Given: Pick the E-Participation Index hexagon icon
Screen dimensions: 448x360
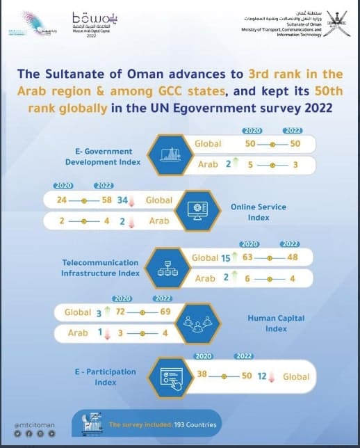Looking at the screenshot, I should click(x=170, y=376).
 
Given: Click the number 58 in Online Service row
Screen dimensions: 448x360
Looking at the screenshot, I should click(x=108, y=200).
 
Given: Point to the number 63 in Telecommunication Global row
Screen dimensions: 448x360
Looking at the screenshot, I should click(x=246, y=258).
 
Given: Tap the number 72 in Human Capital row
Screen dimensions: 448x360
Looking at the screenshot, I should click(x=120, y=312).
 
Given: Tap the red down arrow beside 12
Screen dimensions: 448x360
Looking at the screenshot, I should click(x=272, y=376).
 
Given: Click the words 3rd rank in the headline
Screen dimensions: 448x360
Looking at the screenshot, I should click(x=275, y=74).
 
